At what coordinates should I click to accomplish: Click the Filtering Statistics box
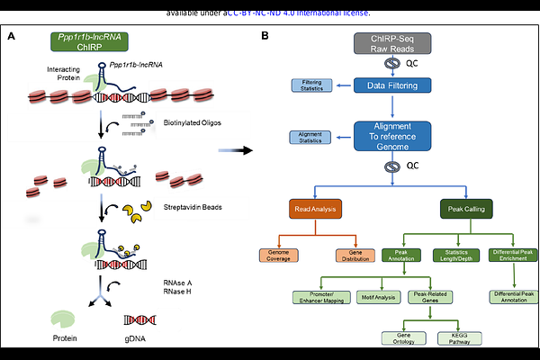click(x=310, y=86)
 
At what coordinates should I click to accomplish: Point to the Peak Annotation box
click(x=400, y=256)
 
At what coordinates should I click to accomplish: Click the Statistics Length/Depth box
click(x=455, y=256)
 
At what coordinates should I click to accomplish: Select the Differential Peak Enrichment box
click(x=513, y=256)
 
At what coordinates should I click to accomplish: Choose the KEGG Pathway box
click(x=453, y=337)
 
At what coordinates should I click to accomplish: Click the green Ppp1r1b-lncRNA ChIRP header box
click(x=86, y=41)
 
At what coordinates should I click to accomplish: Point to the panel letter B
click(x=265, y=35)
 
